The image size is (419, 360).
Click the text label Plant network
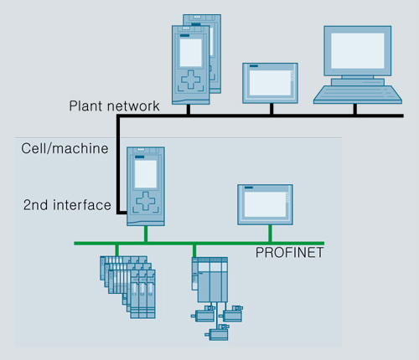(x=114, y=106)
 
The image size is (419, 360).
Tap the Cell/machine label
(x=65, y=148)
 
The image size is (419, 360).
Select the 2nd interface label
(x=67, y=205)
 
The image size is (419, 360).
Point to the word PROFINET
(x=289, y=253)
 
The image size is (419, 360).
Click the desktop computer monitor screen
(x=358, y=51)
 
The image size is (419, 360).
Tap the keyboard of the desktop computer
(x=358, y=95)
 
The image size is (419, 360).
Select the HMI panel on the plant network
(x=270, y=83)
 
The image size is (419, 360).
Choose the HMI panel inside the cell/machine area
(x=265, y=204)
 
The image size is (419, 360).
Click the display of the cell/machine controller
(x=146, y=174)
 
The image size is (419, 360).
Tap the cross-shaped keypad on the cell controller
(x=145, y=201)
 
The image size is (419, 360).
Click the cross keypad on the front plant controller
(x=191, y=80)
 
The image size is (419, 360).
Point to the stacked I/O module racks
(x=127, y=287)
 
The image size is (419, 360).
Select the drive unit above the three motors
(x=209, y=280)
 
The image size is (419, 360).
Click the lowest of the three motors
(x=217, y=332)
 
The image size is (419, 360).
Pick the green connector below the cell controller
(x=146, y=234)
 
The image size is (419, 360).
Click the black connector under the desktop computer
(x=355, y=109)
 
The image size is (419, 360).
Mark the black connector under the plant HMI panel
(x=272, y=109)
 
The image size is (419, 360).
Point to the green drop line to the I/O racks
(x=116, y=250)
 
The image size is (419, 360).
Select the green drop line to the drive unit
(x=194, y=251)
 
